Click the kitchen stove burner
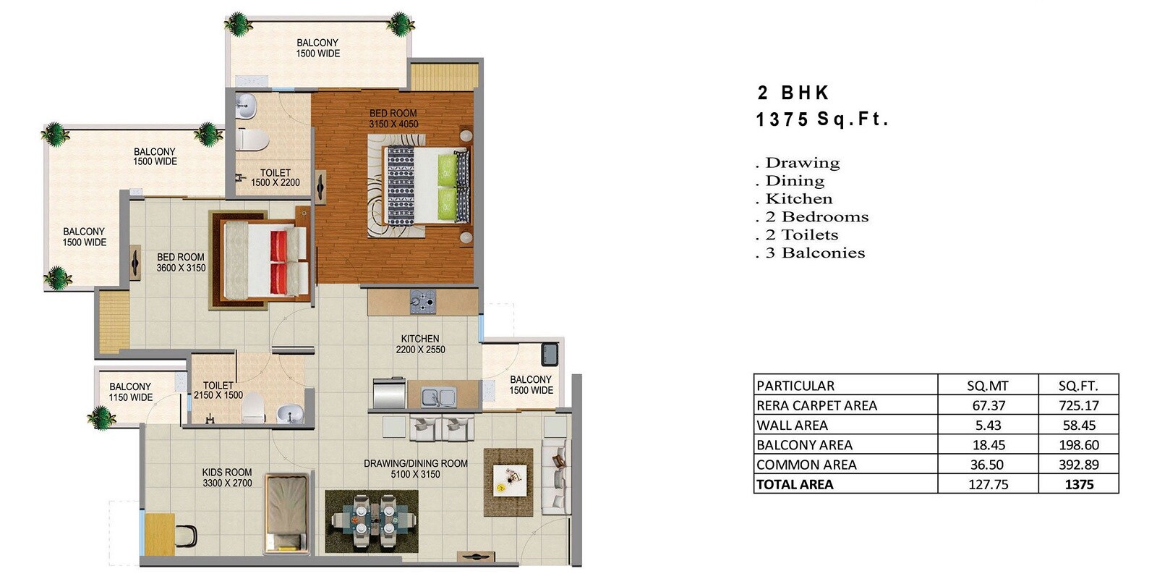pos(423,301)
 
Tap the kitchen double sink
pos(438,397)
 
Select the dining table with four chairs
pos(372,521)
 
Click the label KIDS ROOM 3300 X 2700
pos(227,478)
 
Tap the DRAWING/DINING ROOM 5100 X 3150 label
pos(415,469)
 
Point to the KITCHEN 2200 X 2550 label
pos(420,344)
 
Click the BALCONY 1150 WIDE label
pos(130,392)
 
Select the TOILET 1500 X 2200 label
pos(275,177)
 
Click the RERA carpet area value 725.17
pos(1078,405)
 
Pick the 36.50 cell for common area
pos(988,465)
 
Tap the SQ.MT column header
pos(988,386)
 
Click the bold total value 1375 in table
pos(1079,484)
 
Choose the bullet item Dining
pos(794,181)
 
